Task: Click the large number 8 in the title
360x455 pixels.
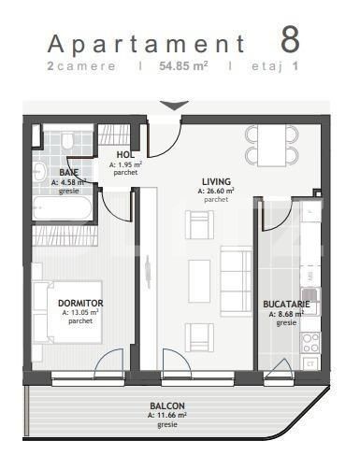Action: point(291,40)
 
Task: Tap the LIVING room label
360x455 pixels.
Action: point(216,181)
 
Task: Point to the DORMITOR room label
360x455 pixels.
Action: point(79,303)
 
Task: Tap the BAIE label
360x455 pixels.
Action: point(68,172)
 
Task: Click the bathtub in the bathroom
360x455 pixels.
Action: point(63,209)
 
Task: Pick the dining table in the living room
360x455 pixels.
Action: point(272,145)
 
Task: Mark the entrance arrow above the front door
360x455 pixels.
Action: point(172,105)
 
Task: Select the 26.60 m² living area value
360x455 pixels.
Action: point(216,191)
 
